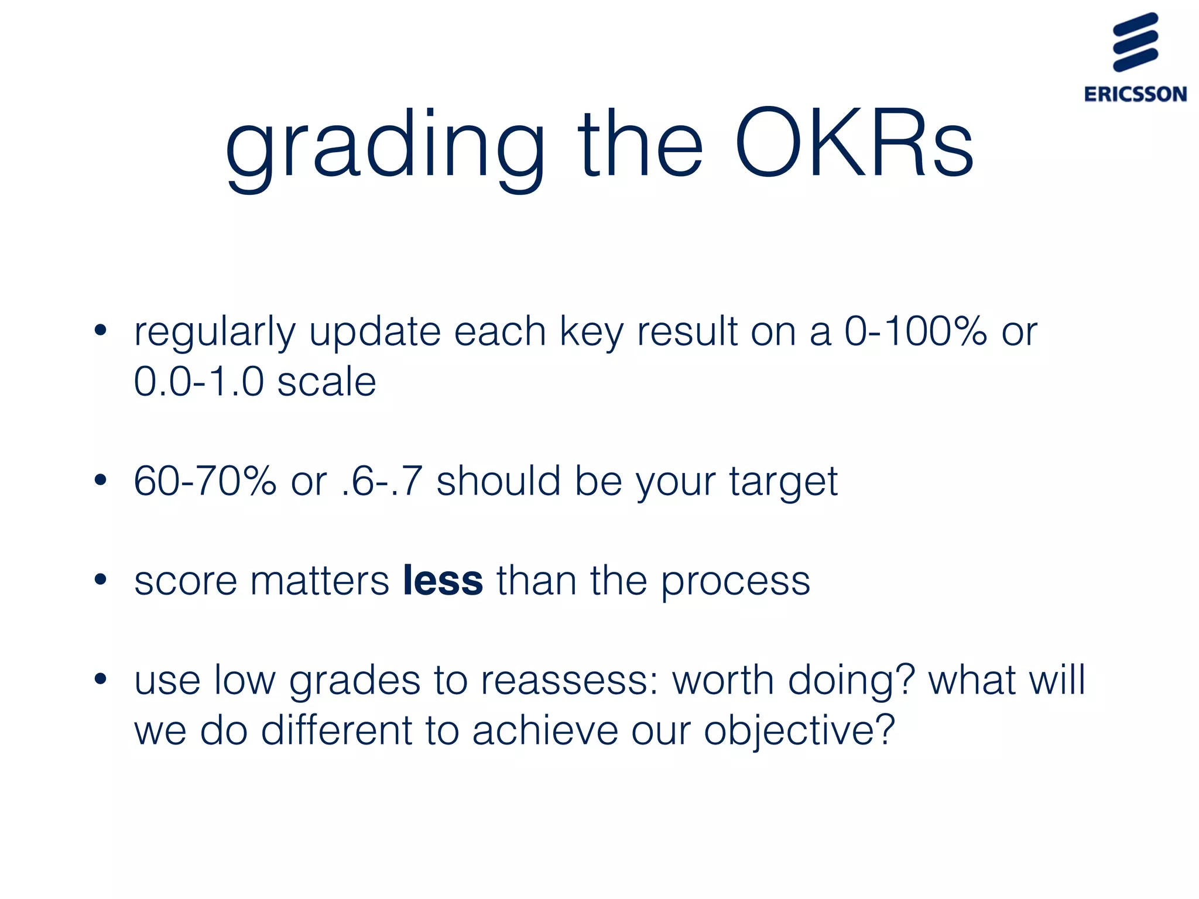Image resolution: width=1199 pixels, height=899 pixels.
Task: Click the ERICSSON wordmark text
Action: point(1135,94)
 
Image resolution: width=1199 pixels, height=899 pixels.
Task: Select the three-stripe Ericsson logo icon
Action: point(1135,42)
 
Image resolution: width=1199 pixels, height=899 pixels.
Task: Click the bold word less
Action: point(443,581)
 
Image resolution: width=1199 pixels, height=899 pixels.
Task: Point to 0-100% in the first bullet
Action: point(916,331)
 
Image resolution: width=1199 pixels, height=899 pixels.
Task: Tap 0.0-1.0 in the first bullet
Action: point(199,382)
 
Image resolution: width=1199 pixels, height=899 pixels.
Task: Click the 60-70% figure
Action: point(205,481)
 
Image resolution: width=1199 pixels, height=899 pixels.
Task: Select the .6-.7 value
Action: point(381,481)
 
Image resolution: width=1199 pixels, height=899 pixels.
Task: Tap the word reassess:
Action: point(570,681)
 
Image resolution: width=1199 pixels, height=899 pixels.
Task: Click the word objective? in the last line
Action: point(799,732)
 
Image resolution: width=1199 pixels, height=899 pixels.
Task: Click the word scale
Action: point(326,382)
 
